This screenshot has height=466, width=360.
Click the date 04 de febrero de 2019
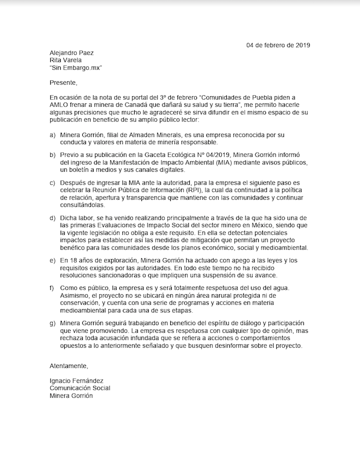point(278,45)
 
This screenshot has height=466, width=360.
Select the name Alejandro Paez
point(71,52)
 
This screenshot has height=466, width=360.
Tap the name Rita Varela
point(65,60)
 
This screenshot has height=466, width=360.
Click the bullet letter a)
point(53,135)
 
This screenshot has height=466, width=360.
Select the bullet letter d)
point(53,218)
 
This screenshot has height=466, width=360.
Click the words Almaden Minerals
point(154,135)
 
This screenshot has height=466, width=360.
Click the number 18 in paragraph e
point(76,260)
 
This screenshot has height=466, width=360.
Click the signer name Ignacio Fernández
point(77,381)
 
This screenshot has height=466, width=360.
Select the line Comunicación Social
point(80,388)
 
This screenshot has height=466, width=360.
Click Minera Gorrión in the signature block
point(73,396)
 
